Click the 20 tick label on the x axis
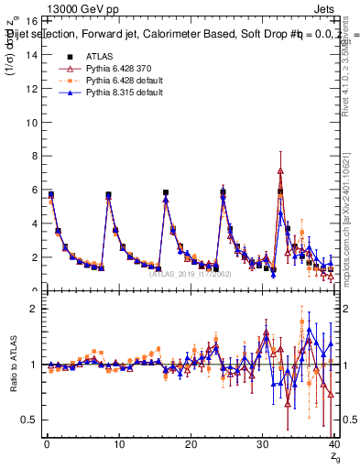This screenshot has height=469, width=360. (191, 444)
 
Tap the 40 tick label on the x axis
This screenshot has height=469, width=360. (334, 444)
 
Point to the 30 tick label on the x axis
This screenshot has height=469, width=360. (263, 444)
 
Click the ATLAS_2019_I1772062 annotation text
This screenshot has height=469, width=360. (191, 273)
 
